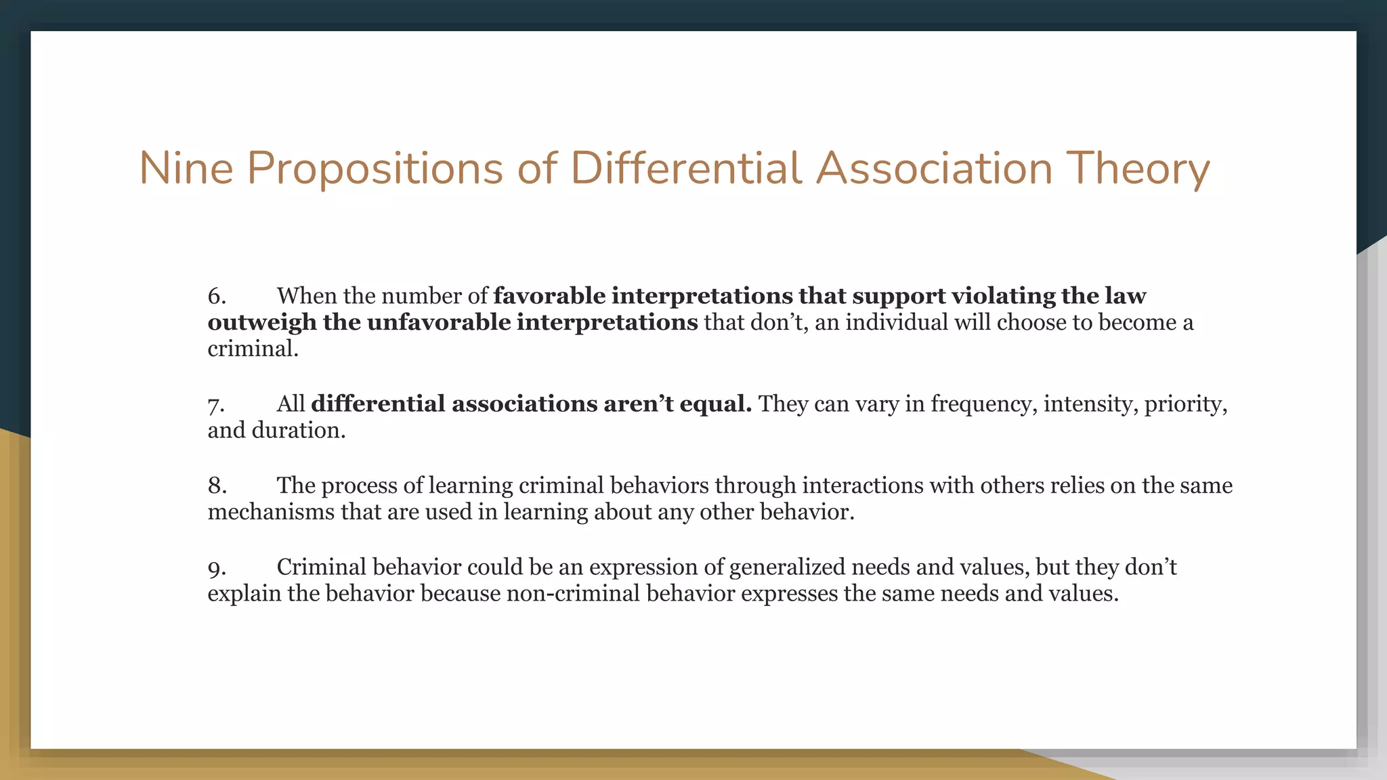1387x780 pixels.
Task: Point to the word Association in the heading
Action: pyautogui.click(x=934, y=168)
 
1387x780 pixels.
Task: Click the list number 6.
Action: pyautogui.click(x=217, y=296)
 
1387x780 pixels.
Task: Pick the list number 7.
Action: pyautogui.click(x=216, y=404)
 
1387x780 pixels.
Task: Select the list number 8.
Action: pyautogui.click(x=217, y=485)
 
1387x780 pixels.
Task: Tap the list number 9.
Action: pyautogui.click(x=217, y=567)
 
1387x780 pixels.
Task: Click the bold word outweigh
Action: pyautogui.click(x=262, y=322)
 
